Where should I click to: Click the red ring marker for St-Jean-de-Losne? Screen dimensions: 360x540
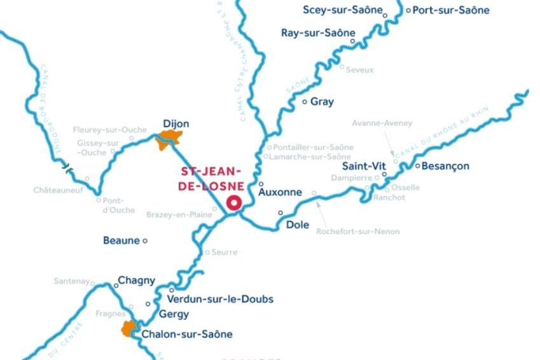(x=234, y=203)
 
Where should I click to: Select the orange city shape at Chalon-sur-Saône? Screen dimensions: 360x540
(x=130, y=329)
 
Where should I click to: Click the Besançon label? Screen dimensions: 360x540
(x=446, y=167)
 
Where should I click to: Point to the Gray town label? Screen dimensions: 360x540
(x=322, y=102)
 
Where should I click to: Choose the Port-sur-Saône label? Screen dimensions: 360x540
(x=451, y=10)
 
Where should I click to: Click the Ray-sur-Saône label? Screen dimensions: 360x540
(x=318, y=33)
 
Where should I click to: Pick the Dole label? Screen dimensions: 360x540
(x=298, y=225)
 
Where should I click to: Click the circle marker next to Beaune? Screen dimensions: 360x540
(x=145, y=240)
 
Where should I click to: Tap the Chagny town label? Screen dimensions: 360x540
(x=137, y=280)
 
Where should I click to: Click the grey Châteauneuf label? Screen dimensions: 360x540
(x=58, y=190)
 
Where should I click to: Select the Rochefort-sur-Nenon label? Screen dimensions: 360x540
(x=358, y=232)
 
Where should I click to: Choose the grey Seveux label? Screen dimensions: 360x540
(x=359, y=70)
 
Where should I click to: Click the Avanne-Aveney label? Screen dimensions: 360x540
(x=382, y=123)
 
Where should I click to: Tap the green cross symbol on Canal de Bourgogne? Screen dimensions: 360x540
(x=66, y=168)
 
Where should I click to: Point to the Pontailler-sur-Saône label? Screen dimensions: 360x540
(x=313, y=147)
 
